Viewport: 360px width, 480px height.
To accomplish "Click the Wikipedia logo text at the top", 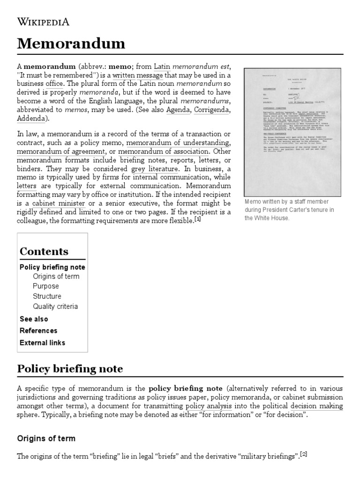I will tap(43, 22).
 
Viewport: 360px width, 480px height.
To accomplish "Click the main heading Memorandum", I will tap(71, 44).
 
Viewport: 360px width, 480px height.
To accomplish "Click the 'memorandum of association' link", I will tap(164, 152).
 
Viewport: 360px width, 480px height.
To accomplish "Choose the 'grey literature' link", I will tap(155, 168).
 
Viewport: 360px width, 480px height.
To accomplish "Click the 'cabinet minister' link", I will tap(59, 203).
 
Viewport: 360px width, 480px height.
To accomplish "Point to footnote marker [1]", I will tap(197, 219).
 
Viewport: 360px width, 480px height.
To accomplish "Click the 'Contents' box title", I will tap(44, 251).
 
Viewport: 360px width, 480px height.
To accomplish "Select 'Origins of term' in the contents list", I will tap(56, 276).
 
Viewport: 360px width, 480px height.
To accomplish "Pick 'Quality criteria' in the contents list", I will tap(55, 307).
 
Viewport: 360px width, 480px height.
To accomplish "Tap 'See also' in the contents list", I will tap(34, 319).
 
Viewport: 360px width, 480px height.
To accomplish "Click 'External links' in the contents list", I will tap(42, 343).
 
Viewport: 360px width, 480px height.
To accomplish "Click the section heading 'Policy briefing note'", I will tap(70, 368).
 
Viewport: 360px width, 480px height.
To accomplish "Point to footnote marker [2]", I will tap(304, 454).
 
